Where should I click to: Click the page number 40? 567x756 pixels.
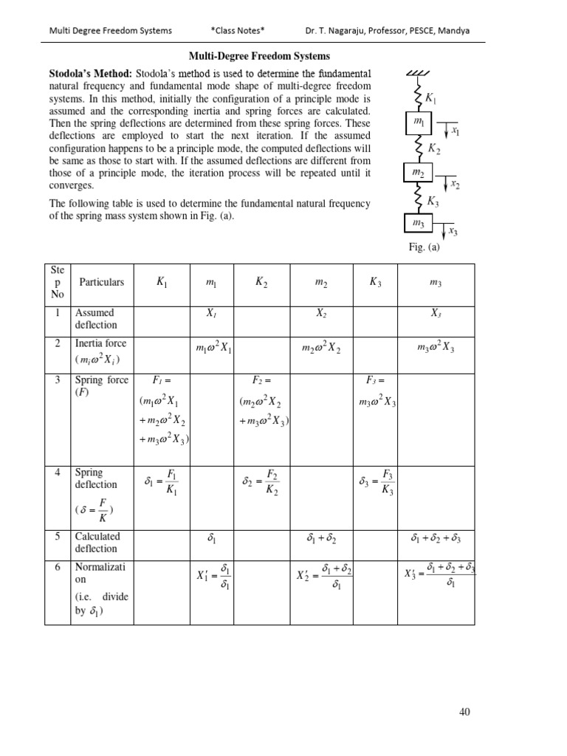tap(464, 712)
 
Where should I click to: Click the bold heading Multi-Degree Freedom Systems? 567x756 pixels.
tap(260, 56)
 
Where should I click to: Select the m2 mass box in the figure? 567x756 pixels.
tap(419, 173)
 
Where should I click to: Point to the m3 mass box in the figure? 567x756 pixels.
tap(419, 222)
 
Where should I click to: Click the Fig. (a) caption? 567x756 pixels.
tap(424, 248)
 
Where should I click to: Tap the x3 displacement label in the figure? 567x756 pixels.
tap(453, 232)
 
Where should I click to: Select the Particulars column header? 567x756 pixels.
tap(101, 282)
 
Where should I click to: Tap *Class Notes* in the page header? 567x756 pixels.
tap(237, 30)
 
